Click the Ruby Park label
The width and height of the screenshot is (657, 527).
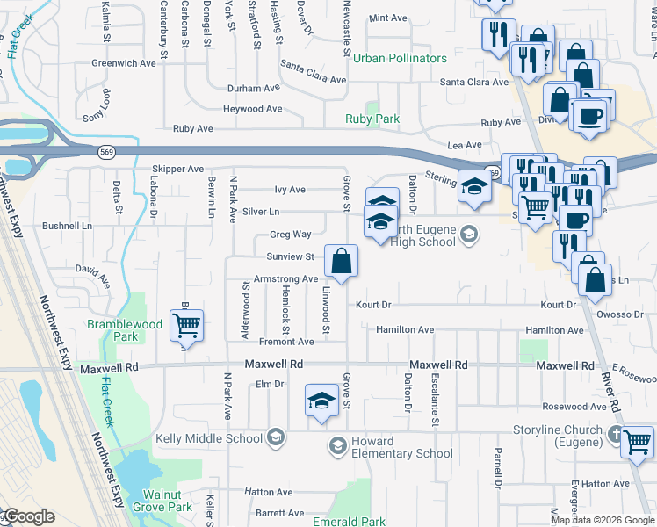[373, 119]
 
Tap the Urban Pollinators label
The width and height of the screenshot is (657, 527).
[400, 58]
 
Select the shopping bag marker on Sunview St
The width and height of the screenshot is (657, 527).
[341, 261]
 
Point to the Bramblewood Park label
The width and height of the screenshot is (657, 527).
[126, 330]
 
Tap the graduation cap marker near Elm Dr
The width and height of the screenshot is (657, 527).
[321, 401]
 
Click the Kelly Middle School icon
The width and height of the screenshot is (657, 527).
[276, 438]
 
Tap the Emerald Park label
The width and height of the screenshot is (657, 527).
[350, 522]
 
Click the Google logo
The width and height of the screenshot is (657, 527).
[28, 516]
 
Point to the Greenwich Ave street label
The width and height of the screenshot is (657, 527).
[123, 63]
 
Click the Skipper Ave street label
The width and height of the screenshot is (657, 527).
[177, 169]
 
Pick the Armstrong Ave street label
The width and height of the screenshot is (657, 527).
[285, 278]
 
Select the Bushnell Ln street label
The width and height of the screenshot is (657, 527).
[67, 226]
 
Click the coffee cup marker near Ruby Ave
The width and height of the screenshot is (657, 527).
[588, 115]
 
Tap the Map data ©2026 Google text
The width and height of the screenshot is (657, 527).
[603, 520]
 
